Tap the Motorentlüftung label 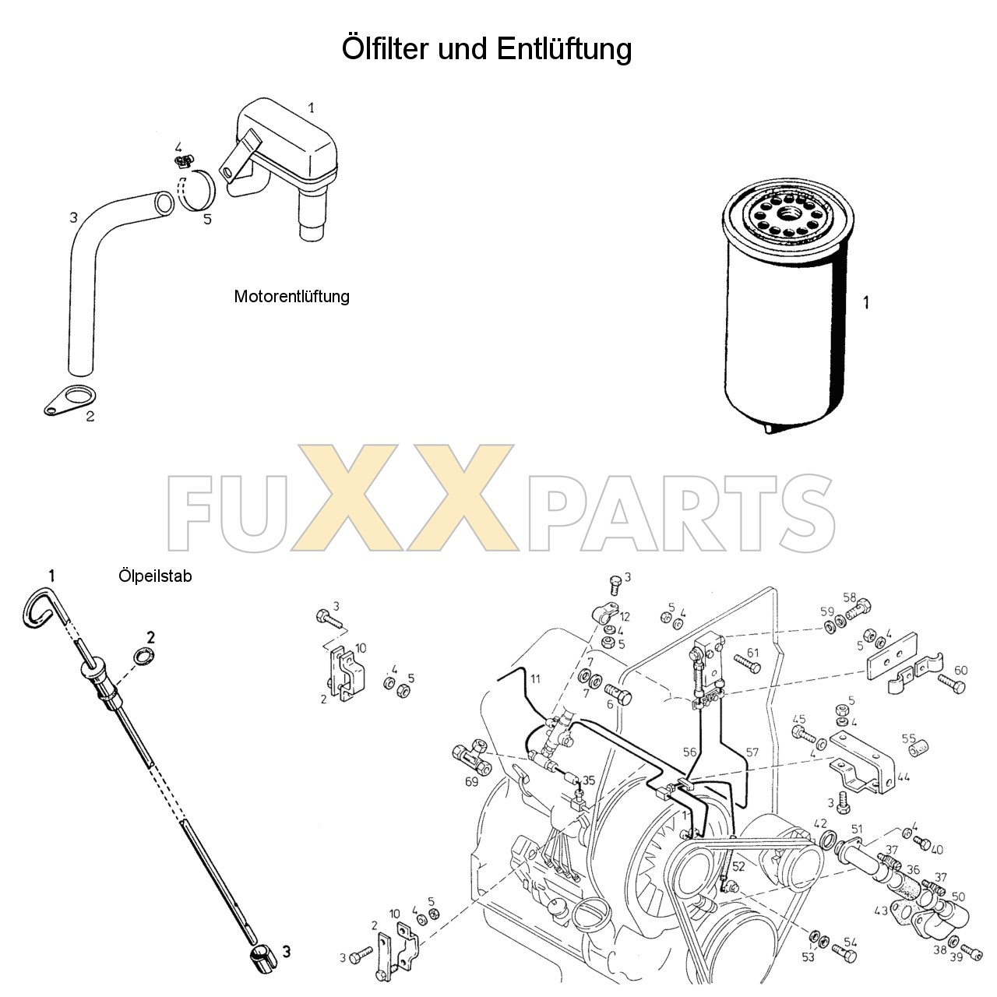[x=292, y=297]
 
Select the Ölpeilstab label [x=155, y=576]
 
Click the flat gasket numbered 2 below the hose [x=71, y=400]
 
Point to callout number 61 [x=752, y=653]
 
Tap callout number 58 [x=850, y=598]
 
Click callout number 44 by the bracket [x=904, y=777]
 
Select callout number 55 [x=909, y=738]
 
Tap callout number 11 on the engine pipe [x=535, y=678]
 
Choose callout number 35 [x=589, y=780]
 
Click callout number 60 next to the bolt [x=960, y=671]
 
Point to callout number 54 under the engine [x=850, y=942]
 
